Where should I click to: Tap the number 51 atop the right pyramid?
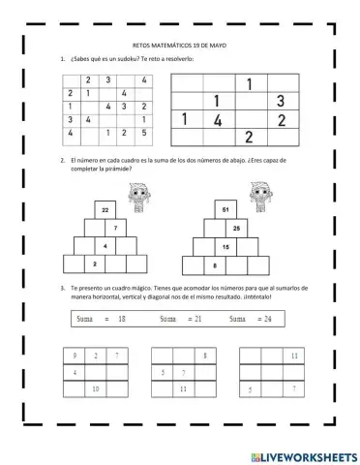(225, 210)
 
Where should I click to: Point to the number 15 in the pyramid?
(225, 246)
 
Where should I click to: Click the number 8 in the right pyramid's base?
(215, 263)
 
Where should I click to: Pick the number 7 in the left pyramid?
(115, 228)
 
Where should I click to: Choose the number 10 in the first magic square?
(96, 388)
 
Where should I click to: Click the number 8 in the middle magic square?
(205, 356)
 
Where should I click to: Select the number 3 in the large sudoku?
(280, 101)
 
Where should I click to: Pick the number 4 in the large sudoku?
(219, 120)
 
